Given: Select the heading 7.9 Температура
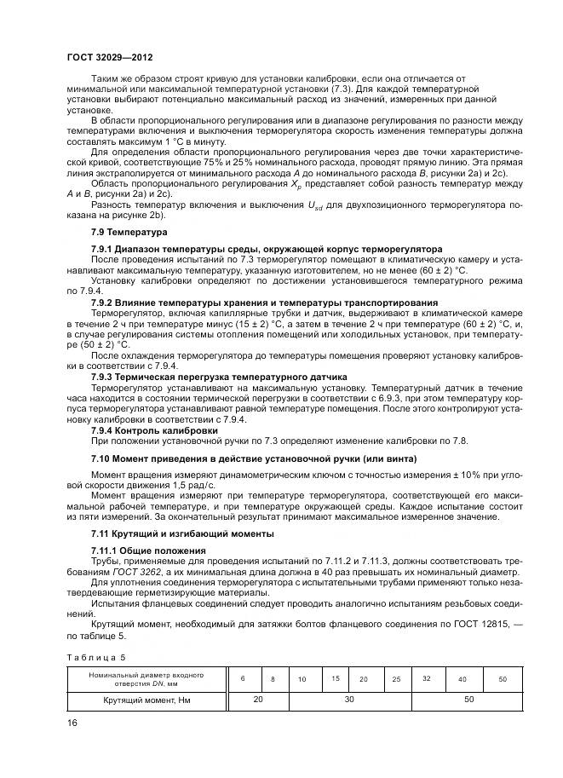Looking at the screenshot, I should (129, 232).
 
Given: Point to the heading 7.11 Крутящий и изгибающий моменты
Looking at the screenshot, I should (182, 533).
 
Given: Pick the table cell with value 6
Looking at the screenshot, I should (243, 678).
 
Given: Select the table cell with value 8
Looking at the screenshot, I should (273, 679).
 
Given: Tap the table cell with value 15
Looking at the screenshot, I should (336, 678).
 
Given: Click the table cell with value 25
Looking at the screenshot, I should (396, 679).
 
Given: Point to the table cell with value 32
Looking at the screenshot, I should (427, 678).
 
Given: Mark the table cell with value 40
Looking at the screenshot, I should (462, 679).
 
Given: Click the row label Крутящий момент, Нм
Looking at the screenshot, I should (144, 700).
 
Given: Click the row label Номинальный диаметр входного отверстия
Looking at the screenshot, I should (144, 678).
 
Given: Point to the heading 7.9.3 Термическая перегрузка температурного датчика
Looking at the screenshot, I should (218, 377).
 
